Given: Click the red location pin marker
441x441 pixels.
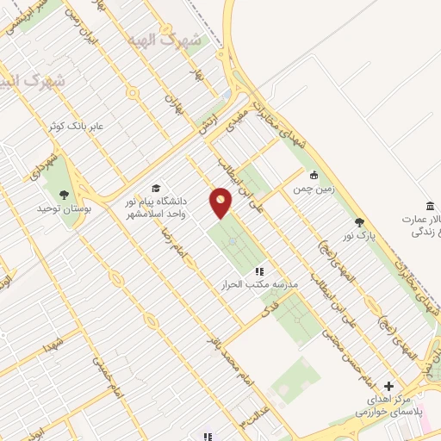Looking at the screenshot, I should point(221,202).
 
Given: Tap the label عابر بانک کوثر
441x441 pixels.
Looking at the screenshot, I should point(75,126).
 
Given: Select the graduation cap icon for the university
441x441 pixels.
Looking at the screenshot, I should point(156,189).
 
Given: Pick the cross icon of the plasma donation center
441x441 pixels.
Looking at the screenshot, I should point(389,387).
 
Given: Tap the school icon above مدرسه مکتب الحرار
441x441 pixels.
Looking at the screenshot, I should point(259,271).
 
